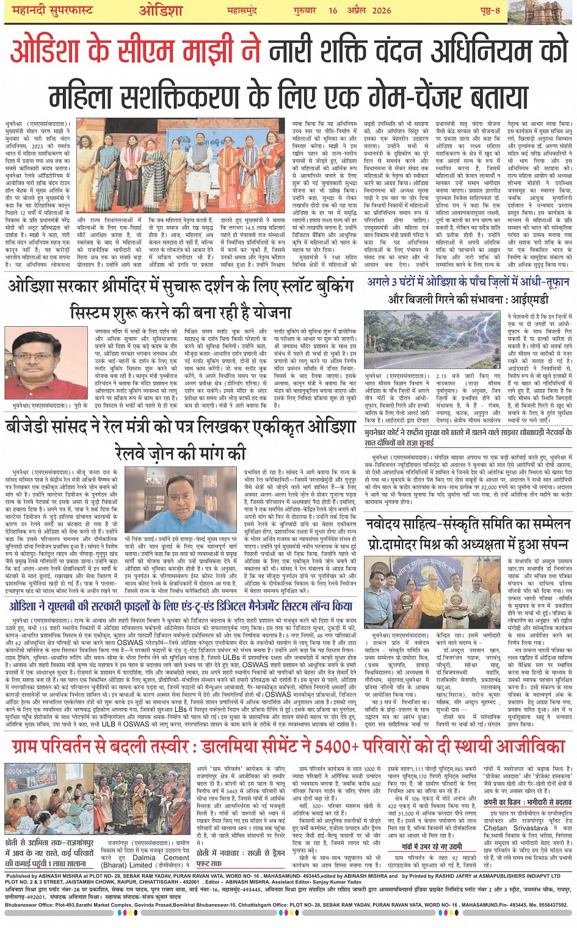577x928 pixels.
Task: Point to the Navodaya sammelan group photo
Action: pyautogui.click(x=434, y=592)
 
